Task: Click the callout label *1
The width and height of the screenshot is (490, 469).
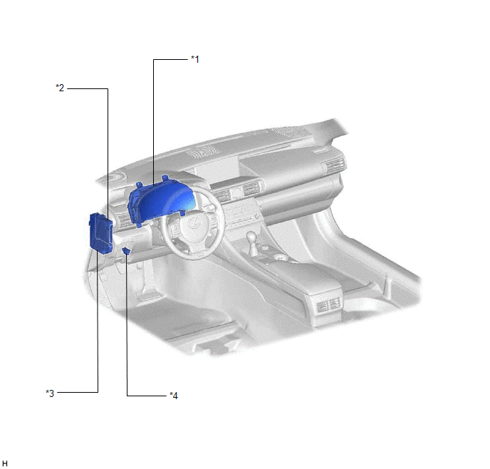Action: (195, 58)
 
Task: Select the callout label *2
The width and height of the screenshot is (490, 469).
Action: (60, 88)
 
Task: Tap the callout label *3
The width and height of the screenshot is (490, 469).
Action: (50, 393)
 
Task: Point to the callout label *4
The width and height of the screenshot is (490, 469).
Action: (174, 396)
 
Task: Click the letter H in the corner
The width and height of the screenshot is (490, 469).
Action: (5, 463)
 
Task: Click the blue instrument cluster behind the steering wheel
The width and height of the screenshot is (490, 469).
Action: (162, 201)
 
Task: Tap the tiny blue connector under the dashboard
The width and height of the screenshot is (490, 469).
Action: (126, 250)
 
